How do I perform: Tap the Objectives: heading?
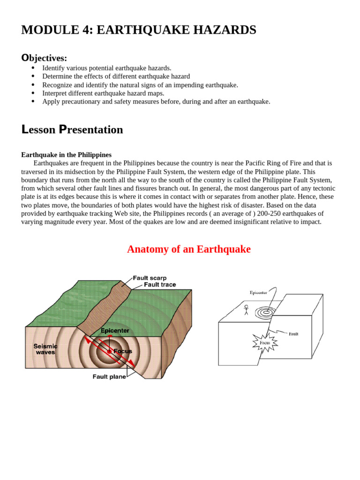tap(44, 58)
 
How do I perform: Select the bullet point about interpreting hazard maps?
tap(103, 93)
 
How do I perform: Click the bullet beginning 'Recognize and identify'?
tap(140, 85)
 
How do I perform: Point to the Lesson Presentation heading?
tap(72, 129)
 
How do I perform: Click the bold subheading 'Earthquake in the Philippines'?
tap(66, 155)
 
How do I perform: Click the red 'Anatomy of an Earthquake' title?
tap(188, 249)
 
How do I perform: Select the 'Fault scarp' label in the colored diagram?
tap(150, 278)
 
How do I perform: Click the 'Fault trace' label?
tap(160, 285)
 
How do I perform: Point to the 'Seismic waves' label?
tap(45, 349)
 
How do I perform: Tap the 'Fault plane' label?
tap(109, 377)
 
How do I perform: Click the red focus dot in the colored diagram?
tap(110, 351)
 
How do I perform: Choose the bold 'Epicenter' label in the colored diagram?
tap(115, 330)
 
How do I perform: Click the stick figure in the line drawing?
tap(246, 310)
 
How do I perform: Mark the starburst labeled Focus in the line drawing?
tap(265, 343)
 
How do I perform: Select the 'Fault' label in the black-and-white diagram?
tap(293, 334)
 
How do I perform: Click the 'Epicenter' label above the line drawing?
tap(258, 292)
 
